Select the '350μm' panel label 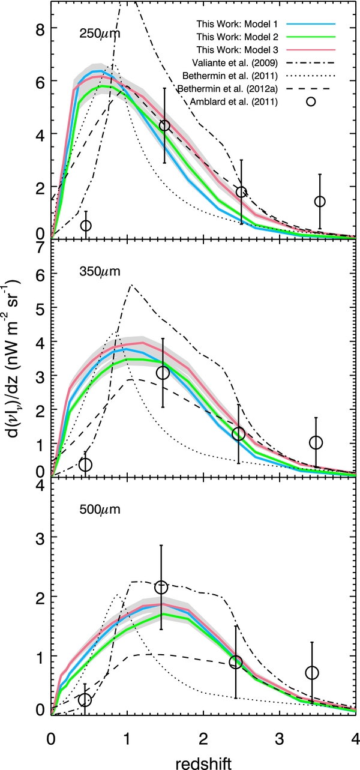(x=100, y=271)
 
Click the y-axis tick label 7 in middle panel (x=37, y=245)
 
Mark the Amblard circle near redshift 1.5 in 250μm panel (x=164, y=125)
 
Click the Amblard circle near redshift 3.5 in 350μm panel (x=316, y=442)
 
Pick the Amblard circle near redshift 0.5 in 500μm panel (x=85, y=700)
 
